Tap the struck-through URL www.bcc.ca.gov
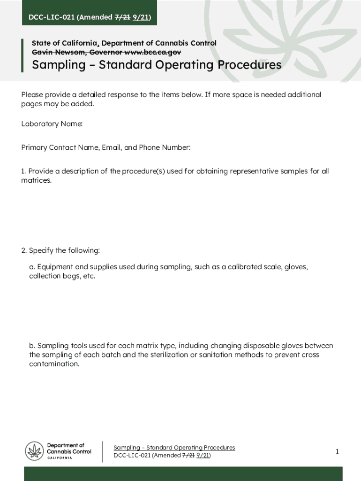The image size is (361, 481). (x=153, y=52)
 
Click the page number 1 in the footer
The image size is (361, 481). (x=337, y=451)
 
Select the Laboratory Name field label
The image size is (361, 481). (x=52, y=124)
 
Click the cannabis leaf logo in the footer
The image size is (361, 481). (x=34, y=451)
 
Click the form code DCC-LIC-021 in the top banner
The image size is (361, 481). (x=51, y=18)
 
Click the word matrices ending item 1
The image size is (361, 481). (x=36, y=180)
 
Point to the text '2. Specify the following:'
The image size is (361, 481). (x=60, y=250)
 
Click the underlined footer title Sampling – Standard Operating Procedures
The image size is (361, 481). (x=174, y=448)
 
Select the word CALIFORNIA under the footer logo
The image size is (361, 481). (x=60, y=458)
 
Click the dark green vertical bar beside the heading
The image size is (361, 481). (x=22, y=55)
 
